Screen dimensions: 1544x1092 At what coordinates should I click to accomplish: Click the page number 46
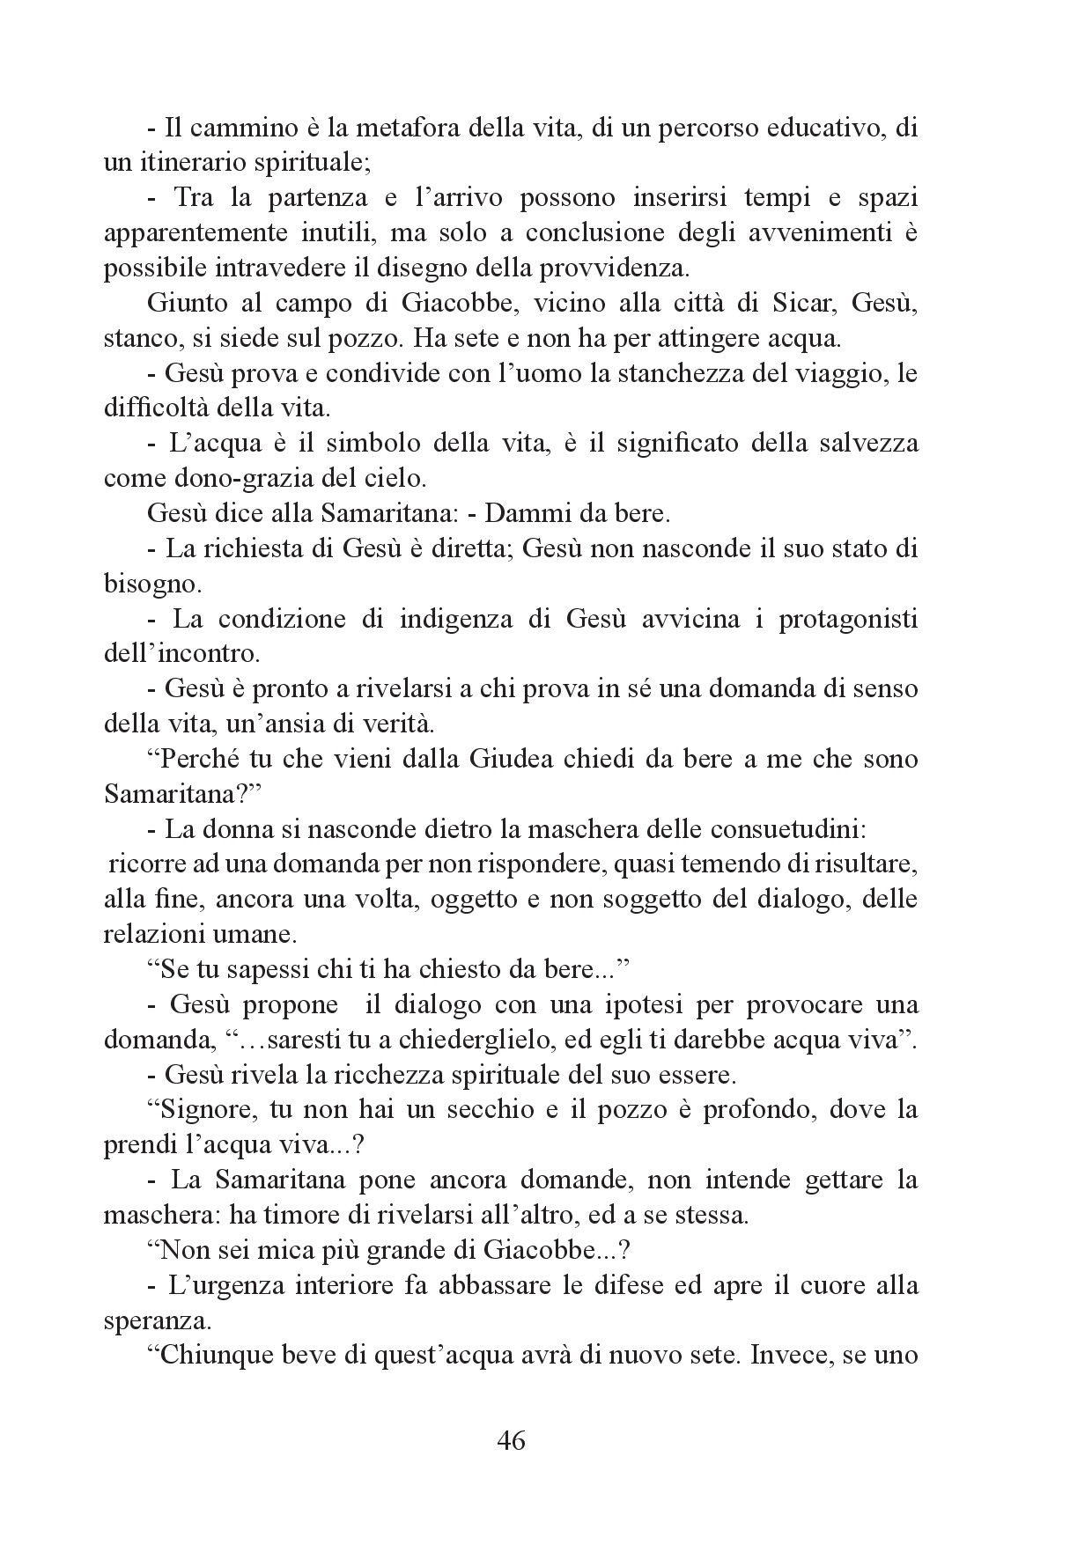[511, 1441]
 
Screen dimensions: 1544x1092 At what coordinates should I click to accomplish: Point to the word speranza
[144, 1320]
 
